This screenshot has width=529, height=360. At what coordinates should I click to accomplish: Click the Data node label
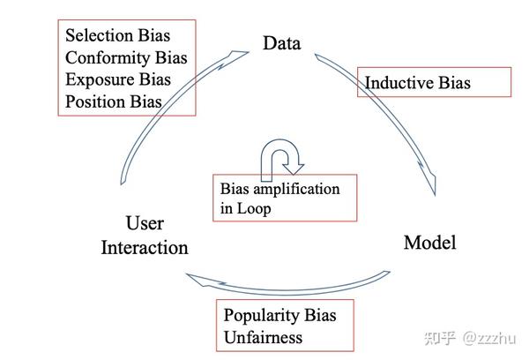(282, 43)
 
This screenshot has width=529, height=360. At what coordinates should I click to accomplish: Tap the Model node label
(430, 243)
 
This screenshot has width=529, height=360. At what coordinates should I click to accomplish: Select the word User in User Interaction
(145, 223)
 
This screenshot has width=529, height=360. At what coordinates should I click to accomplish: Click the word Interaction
(145, 248)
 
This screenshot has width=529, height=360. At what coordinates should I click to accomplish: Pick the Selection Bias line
(118, 35)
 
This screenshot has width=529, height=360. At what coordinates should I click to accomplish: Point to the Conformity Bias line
(126, 57)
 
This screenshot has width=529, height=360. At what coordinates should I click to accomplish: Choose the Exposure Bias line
(118, 79)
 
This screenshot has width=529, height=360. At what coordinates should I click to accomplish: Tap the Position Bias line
(114, 101)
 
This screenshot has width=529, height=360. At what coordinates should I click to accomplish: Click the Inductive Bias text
(418, 83)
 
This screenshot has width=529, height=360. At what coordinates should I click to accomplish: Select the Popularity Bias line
(280, 315)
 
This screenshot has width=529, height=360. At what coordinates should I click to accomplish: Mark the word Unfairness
(263, 337)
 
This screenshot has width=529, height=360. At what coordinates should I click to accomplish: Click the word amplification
(296, 189)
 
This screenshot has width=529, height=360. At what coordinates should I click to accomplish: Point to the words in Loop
(246, 208)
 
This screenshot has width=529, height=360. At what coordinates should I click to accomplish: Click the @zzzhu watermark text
(489, 338)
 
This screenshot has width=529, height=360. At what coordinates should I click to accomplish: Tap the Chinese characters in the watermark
(440, 338)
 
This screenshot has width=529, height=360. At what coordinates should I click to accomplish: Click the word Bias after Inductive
(454, 83)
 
